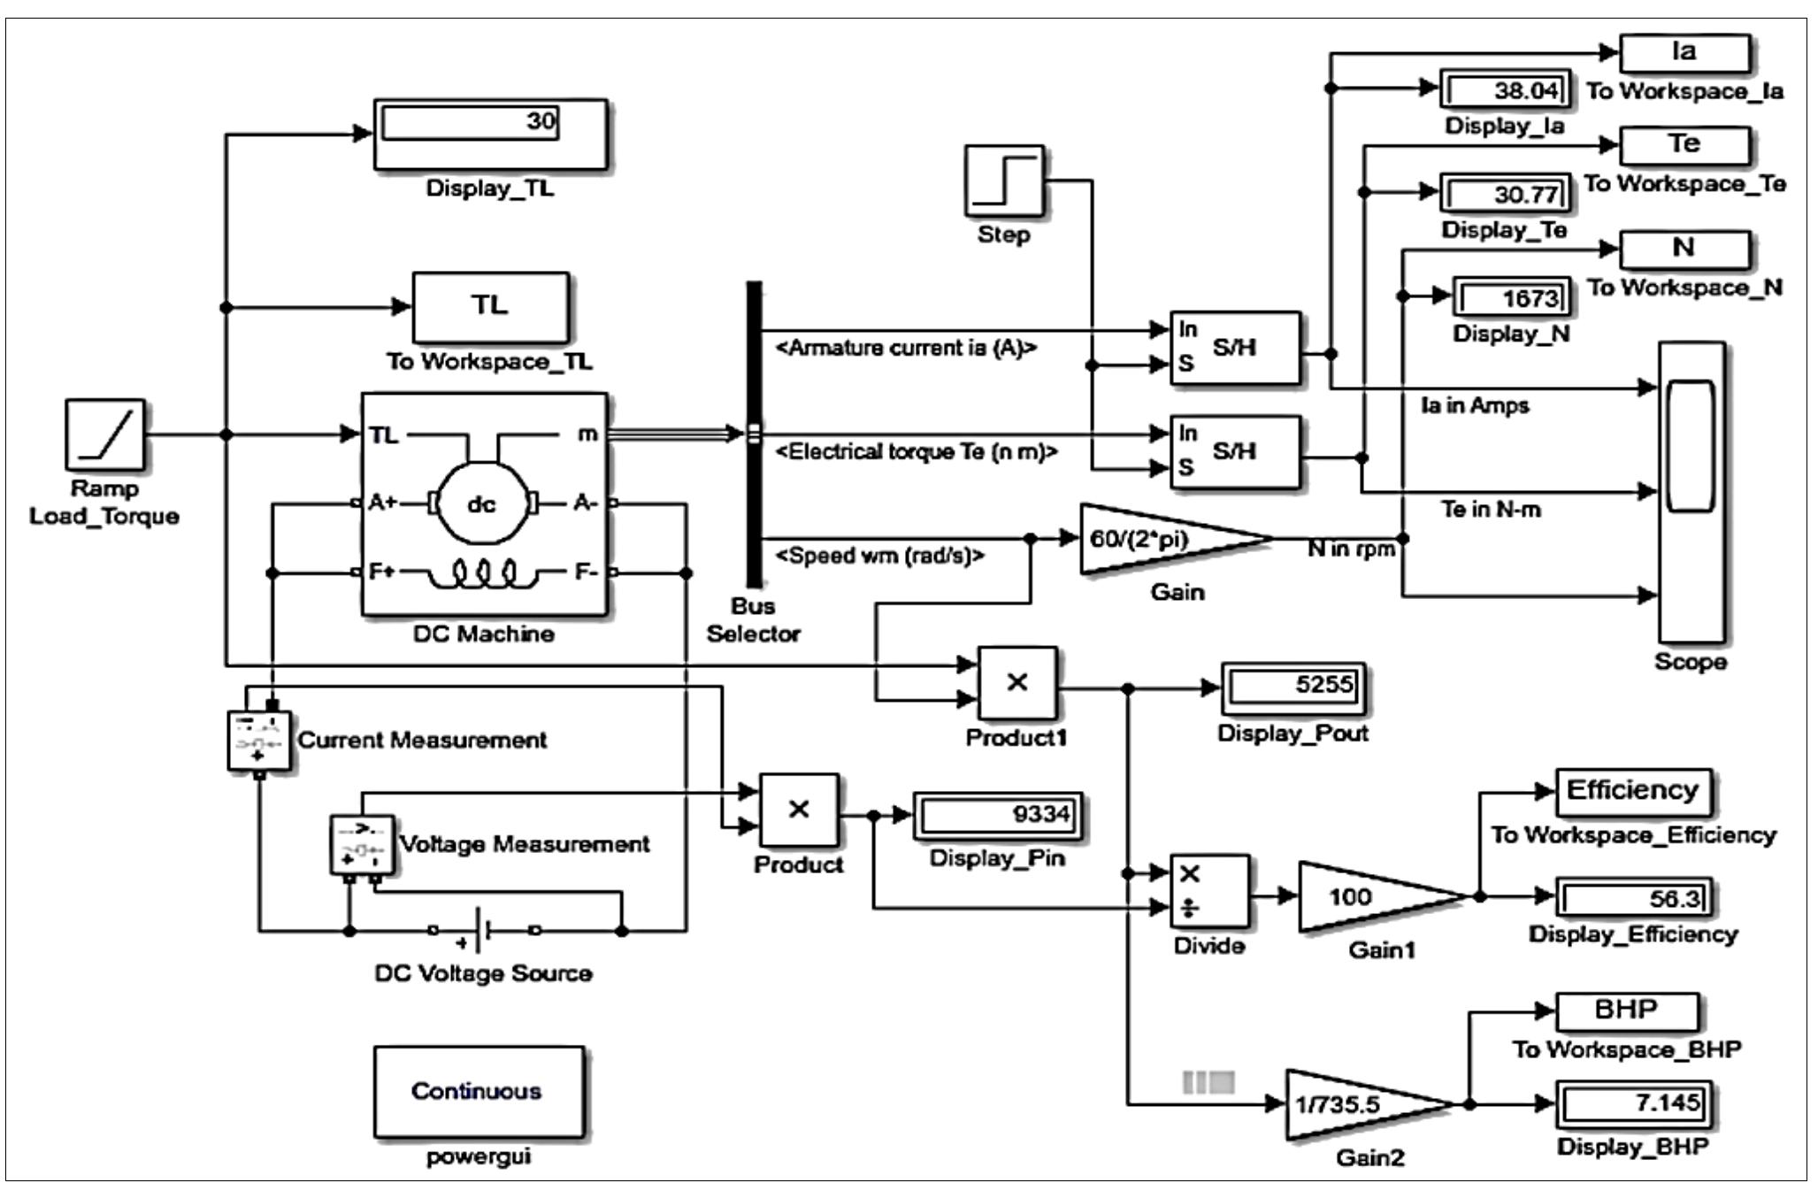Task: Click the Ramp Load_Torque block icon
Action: (104, 434)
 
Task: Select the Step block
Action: (1003, 181)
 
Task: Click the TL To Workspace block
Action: (489, 307)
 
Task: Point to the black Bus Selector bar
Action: (754, 434)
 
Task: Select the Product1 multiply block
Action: (1017, 682)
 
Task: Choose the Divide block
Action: (1209, 890)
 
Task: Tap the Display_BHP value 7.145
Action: (1635, 1103)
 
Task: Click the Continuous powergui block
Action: (478, 1091)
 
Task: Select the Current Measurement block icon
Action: (258, 741)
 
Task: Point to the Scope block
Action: (1691, 492)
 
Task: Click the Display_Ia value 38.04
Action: (1506, 90)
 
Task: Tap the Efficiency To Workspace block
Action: (1632, 790)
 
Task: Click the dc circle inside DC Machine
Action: (481, 504)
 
